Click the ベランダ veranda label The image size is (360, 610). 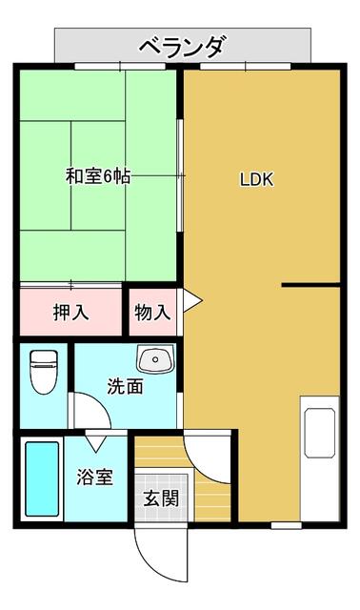click(x=182, y=45)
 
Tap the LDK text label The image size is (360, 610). click(x=256, y=178)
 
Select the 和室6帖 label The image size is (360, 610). click(x=98, y=177)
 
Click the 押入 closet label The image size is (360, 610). click(x=71, y=312)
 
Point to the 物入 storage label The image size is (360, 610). click(x=152, y=312)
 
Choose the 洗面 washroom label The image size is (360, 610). click(x=125, y=387)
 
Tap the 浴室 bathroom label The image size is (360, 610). click(x=95, y=477)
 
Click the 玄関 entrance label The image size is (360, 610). click(x=159, y=497)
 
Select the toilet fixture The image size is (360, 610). click(x=43, y=374)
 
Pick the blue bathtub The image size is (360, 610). click(x=40, y=479)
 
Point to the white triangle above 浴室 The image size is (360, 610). click(x=97, y=442)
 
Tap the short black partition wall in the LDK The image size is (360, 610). click(x=310, y=284)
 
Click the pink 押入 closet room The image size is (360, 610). click(x=71, y=312)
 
